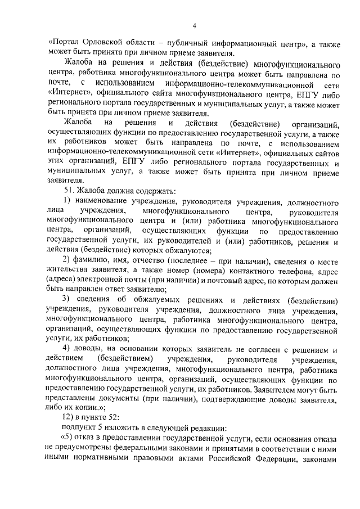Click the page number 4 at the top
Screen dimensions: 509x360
click(193, 25)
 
